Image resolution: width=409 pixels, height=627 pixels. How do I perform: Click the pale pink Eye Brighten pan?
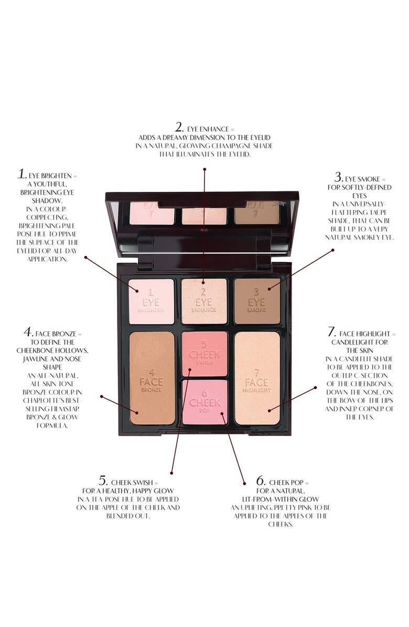click(151, 301)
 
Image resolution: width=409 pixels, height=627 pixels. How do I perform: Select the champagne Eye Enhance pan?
click(204, 301)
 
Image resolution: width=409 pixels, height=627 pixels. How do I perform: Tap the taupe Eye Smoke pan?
click(257, 301)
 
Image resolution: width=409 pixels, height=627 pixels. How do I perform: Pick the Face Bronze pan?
click(152, 377)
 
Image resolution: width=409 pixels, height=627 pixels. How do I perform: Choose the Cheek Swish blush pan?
click(204, 354)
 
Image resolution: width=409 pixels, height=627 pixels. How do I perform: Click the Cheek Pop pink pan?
click(204, 402)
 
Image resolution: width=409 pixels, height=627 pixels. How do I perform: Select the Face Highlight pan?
click(257, 377)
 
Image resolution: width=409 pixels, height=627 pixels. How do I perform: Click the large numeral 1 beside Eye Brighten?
click(21, 175)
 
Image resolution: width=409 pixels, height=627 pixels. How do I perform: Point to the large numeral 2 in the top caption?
click(179, 127)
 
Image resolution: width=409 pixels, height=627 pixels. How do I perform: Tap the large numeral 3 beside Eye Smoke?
click(338, 177)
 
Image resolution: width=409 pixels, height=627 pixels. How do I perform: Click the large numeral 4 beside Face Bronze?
click(29, 332)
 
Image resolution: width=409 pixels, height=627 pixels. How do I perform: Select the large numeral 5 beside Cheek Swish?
click(103, 481)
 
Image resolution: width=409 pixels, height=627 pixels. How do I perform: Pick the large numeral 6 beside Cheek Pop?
click(261, 481)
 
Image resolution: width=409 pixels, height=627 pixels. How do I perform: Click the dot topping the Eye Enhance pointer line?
click(204, 169)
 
